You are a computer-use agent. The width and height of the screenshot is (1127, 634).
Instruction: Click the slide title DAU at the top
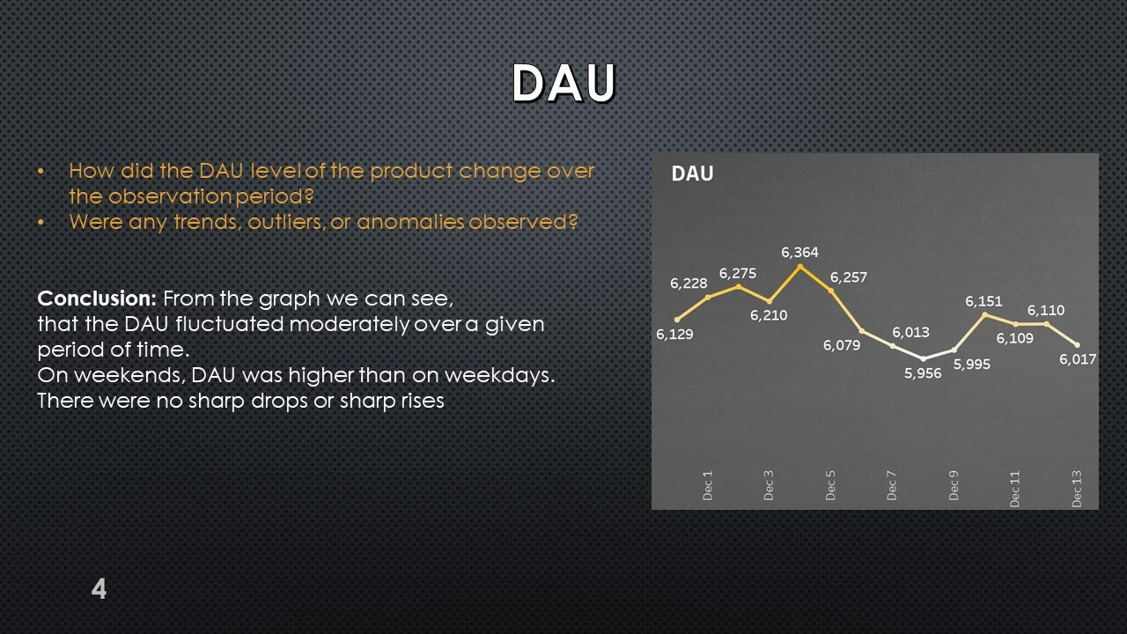(x=564, y=83)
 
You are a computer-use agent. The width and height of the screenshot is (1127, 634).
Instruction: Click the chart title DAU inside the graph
(x=692, y=173)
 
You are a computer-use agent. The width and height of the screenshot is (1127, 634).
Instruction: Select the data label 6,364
(x=799, y=252)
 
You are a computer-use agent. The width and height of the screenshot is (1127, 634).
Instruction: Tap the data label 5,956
(x=923, y=373)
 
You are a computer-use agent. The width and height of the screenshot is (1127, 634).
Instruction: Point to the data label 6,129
(x=674, y=334)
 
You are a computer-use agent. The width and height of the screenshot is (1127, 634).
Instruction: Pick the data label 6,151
(x=983, y=301)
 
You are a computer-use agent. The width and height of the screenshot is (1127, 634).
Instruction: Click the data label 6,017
(x=1078, y=359)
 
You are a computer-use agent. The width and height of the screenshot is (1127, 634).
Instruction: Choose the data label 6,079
(x=842, y=345)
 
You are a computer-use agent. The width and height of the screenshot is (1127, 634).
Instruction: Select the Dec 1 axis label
(x=707, y=485)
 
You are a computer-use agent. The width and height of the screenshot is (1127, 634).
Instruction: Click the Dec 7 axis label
(x=892, y=485)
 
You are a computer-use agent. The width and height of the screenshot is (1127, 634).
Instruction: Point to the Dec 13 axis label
(x=1076, y=489)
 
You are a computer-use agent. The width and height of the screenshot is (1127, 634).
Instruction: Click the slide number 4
(x=99, y=589)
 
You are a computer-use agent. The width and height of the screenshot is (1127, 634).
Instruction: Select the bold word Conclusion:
(x=97, y=299)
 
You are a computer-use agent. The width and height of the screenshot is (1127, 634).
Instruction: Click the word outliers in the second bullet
(x=286, y=222)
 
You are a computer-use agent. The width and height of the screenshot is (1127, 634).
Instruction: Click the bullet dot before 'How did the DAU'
(x=41, y=172)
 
